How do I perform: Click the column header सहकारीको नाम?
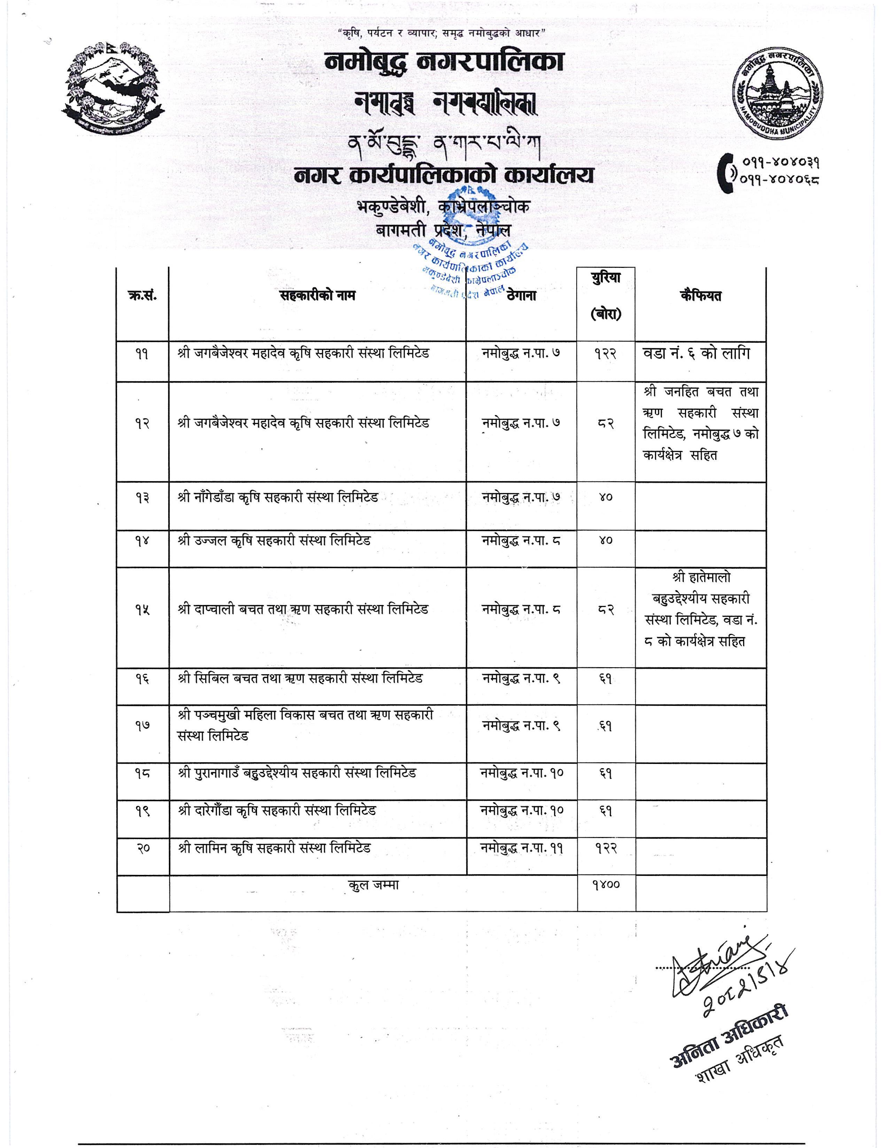coord(317,296)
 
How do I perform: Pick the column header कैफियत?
coord(700,296)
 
